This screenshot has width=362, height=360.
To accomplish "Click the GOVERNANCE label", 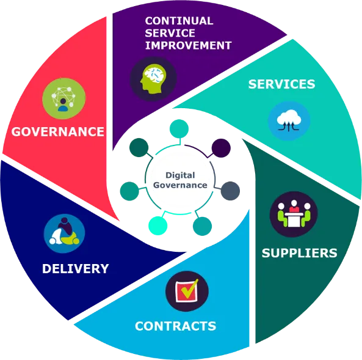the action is [x=58, y=132].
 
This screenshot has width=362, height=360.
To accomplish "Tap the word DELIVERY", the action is [x=76, y=269].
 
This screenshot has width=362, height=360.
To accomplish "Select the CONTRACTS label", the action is [x=175, y=326].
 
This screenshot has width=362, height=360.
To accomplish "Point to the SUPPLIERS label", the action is [x=300, y=253].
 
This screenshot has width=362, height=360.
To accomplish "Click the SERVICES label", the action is [x=281, y=84].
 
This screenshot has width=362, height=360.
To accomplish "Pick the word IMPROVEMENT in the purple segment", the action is [x=189, y=45].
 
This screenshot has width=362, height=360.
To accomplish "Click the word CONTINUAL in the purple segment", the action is [x=179, y=21].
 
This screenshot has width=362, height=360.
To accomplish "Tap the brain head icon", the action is [x=153, y=79].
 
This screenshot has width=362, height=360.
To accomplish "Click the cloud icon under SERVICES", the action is [x=289, y=121].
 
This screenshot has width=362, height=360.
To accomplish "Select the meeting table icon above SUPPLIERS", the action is [x=294, y=214].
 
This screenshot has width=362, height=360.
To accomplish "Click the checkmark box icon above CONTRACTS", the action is [x=187, y=291].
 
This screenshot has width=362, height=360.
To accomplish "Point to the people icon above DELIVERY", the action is [x=65, y=233].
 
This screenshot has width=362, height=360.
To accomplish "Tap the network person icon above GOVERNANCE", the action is [x=64, y=98].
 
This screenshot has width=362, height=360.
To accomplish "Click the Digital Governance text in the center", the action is [x=180, y=180].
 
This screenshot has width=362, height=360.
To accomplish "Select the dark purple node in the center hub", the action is [x=221, y=148].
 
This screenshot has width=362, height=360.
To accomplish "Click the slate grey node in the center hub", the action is [x=230, y=191].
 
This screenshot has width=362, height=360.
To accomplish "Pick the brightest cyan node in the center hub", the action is [x=158, y=226].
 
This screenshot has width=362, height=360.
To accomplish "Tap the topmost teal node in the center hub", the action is [x=179, y=129].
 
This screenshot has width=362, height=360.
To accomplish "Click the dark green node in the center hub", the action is [x=139, y=147].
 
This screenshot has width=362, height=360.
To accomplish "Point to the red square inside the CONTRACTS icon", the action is [x=187, y=292].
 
